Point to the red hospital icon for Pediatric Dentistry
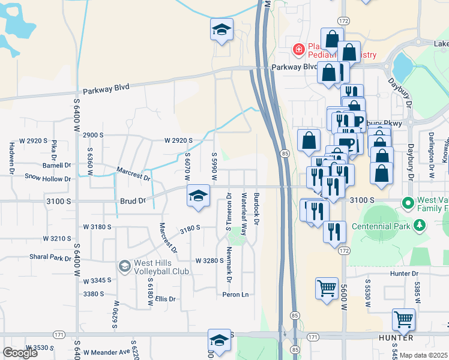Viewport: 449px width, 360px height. [x=298, y=49]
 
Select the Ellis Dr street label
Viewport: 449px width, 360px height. [x=165, y=299]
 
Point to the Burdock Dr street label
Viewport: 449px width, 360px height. [x=256, y=209]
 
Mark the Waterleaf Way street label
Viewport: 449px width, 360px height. [x=244, y=214]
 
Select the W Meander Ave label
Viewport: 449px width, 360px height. [x=107, y=352]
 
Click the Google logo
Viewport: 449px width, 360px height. [x=20, y=353]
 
